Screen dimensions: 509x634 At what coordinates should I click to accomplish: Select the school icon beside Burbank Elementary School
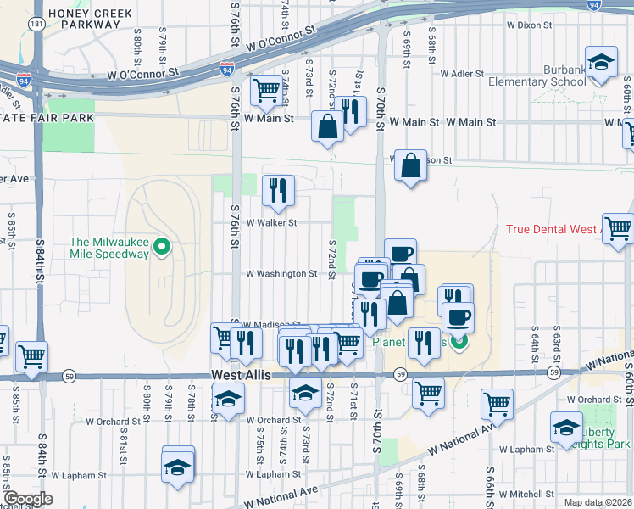601,64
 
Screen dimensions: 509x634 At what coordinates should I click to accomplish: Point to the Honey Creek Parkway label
85,19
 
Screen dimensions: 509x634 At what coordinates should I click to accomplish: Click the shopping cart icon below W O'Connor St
267,91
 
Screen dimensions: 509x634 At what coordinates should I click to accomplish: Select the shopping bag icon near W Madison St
410,166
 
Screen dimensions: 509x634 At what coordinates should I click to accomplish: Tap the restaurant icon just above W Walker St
277,192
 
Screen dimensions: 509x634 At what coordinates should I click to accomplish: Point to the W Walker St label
271,223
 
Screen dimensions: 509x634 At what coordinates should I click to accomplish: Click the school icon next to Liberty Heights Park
566,428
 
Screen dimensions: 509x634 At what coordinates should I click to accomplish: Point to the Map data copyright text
598,502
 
